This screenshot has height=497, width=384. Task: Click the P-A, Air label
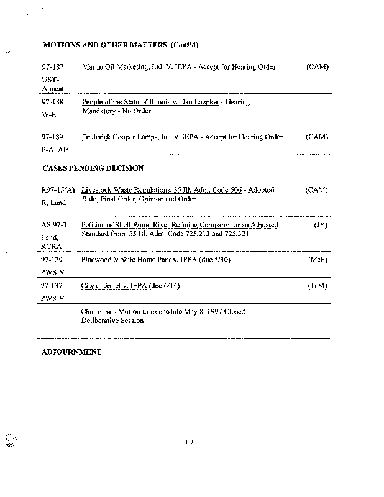(55, 150)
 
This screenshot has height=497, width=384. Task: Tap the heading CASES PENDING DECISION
(93, 168)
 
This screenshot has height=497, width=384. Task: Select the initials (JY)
(320, 225)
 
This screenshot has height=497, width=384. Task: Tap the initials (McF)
(318, 260)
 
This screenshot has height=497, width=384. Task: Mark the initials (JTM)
(318, 286)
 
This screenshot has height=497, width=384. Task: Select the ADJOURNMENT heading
(71, 352)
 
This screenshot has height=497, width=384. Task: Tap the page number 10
(190, 442)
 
